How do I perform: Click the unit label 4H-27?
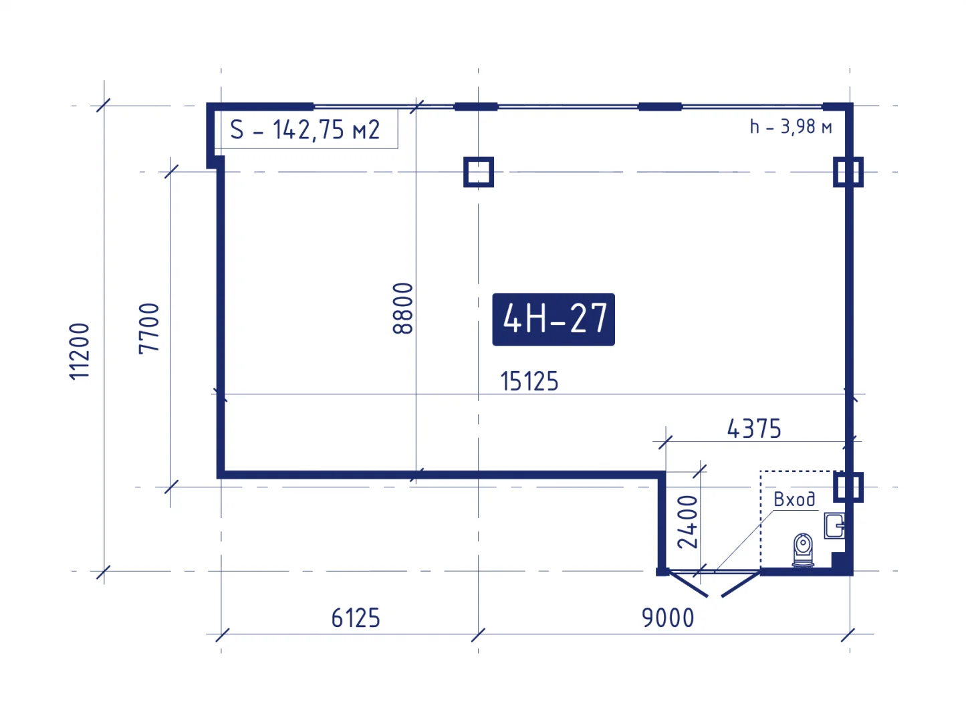pos(554,319)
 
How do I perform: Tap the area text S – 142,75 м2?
pos(305,130)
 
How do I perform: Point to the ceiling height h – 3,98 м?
pos(790,127)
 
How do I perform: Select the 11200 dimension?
pos(80,351)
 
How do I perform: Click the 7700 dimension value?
pos(149,329)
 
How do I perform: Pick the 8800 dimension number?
pos(402,308)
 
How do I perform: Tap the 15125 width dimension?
pos(529,381)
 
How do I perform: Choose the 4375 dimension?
pos(754,429)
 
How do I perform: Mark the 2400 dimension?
pos(687,522)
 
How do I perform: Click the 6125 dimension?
pos(356,618)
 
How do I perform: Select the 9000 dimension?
pos(668,618)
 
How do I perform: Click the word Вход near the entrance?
pos(794,499)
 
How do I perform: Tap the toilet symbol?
pos(803,550)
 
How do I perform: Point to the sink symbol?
pos(834,525)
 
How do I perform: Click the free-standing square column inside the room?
pos(479,172)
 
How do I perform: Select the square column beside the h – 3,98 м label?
pos(848,172)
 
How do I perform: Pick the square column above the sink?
pos(848,487)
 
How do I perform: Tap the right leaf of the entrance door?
pos(741,584)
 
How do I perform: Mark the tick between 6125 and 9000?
pos(478,635)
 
